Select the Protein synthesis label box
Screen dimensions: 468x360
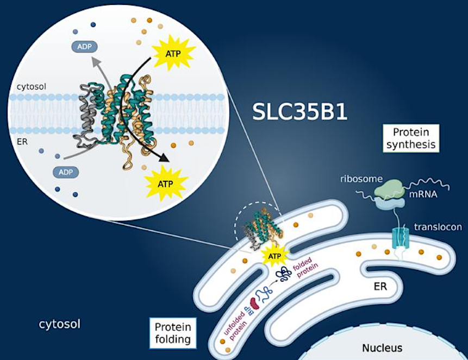click(411, 138)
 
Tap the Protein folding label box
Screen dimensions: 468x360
click(173, 333)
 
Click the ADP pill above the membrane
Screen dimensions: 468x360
click(84, 47)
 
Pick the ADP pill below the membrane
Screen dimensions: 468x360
click(66, 172)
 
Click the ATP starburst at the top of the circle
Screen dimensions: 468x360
click(173, 52)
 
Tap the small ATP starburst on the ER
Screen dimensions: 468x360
click(274, 256)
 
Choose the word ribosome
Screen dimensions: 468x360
click(361, 179)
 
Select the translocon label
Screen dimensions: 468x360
click(438, 227)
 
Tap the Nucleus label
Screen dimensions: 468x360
click(382, 348)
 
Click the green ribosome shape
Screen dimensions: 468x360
click(389, 188)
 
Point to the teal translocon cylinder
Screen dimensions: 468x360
click(400, 238)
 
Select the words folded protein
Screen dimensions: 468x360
click(305, 268)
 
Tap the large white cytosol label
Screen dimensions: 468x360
click(59, 324)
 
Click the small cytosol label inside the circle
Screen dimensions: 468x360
click(32, 87)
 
